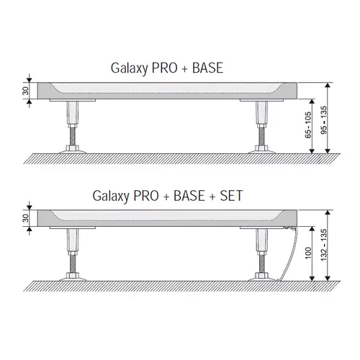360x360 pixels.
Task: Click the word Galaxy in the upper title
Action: [x=129, y=68]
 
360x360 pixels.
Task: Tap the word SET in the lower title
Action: [x=231, y=196]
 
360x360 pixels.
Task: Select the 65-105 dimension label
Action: [x=308, y=125]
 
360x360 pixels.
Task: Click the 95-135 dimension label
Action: [x=324, y=120]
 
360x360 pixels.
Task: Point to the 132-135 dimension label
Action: [x=324, y=245]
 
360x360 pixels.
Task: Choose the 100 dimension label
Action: [x=308, y=253]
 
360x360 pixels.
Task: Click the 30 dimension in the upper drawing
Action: [x=25, y=91]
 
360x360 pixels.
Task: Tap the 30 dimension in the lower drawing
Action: [x=25, y=218]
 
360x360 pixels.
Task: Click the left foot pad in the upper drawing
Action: [x=73, y=152]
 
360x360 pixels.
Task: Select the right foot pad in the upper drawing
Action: [x=261, y=152]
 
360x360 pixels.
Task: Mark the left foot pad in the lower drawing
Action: [x=73, y=279]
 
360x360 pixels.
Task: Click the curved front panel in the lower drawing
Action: [x=291, y=254]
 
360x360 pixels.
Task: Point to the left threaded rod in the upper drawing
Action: [x=73, y=136]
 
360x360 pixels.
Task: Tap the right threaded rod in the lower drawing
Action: [x=261, y=264]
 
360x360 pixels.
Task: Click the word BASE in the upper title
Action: [x=208, y=68]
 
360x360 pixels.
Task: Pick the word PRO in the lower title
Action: [x=146, y=196]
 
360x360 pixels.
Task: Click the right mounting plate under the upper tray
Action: [x=261, y=100]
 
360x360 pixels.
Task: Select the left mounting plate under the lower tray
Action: [x=73, y=228]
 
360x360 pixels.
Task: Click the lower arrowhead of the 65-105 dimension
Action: [x=312, y=151]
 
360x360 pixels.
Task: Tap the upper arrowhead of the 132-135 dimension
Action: [x=328, y=212]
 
